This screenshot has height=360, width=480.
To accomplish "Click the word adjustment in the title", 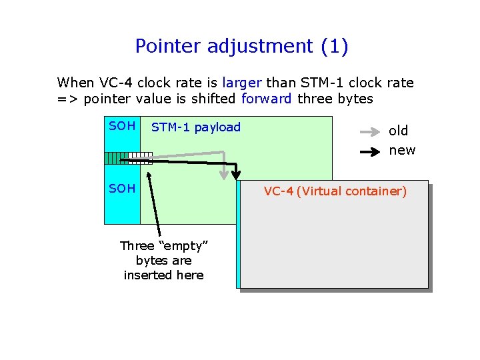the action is click(261, 46).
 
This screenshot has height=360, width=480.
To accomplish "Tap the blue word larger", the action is click(242, 83).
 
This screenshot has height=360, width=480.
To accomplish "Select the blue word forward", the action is click(266, 99).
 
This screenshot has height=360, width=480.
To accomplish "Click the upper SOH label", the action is click(122, 126).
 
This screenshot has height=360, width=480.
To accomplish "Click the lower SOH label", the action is click(122, 189).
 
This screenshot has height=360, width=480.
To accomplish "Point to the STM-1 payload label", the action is click(196, 127).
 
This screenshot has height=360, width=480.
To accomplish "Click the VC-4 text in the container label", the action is click(278, 191).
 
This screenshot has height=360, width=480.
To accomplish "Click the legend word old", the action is click(399, 131).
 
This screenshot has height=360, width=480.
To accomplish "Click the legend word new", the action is click(402, 150).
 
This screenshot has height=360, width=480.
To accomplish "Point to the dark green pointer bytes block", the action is click(115, 158).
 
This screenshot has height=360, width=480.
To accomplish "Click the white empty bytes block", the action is click(140, 158).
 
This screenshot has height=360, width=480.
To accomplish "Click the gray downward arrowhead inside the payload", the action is click(225, 173).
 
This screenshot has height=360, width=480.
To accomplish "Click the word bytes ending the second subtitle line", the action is click(355, 99).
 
